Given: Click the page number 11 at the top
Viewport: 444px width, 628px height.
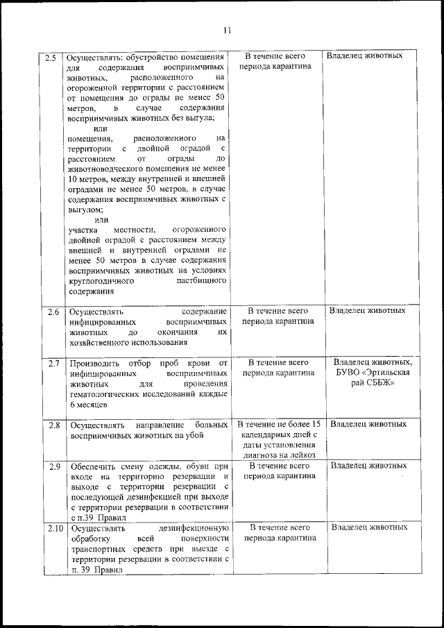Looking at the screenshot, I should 226,30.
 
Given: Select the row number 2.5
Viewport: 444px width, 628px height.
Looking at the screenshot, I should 50,57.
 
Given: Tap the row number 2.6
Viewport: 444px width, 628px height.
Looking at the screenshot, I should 53,312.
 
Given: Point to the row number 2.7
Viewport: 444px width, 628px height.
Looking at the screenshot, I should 53,364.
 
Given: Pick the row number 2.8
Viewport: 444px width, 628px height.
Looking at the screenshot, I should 53,424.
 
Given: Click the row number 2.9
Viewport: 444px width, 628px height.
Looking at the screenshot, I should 53,466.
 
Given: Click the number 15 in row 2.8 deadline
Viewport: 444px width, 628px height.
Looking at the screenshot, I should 314,423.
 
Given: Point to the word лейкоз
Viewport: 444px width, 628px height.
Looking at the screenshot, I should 303,455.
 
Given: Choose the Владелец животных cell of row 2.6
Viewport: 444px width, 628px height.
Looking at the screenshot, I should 367,311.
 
